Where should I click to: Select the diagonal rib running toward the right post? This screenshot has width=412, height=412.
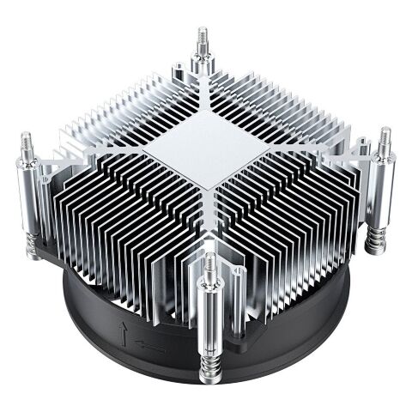309,146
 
